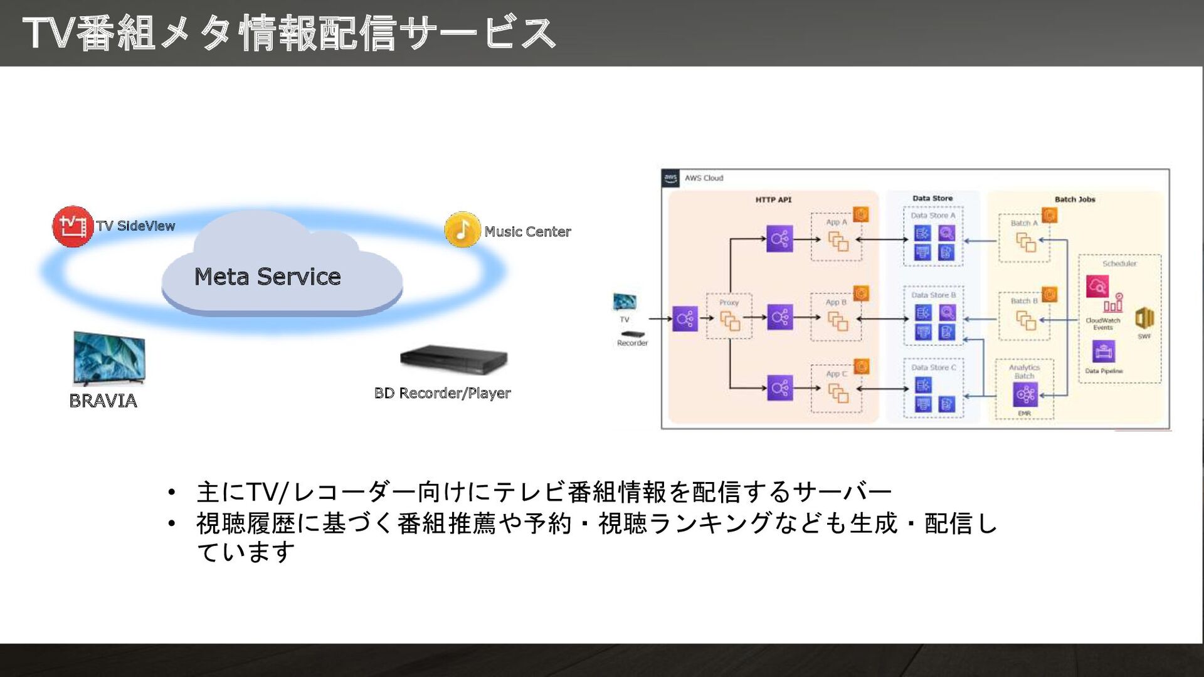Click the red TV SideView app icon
pyautogui.click(x=73, y=226)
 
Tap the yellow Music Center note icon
pyautogui.click(x=462, y=229)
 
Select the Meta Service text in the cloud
pyautogui.click(x=267, y=276)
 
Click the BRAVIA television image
pyautogui.click(x=109, y=358)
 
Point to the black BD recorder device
pyautogui.click(x=453, y=359)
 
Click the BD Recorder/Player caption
pyautogui.click(x=442, y=393)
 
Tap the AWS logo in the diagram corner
pyautogui.click(x=670, y=178)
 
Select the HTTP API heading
pyautogui.click(x=773, y=199)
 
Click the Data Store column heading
pyautogui.click(x=932, y=198)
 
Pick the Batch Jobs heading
pyautogui.click(x=1075, y=199)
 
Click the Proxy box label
pyautogui.click(x=729, y=302)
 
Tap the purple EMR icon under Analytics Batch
pyautogui.click(x=1025, y=394)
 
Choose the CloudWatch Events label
pyautogui.click(x=1102, y=323)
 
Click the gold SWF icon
pyautogui.click(x=1144, y=318)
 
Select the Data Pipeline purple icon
pyautogui.click(x=1104, y=352)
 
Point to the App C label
pyautogui.click(x=837, y=374)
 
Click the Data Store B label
pyautogui.click(x=933, y=295)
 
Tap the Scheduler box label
pyautogui.click(x=1119, y=263)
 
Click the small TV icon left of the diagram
pyautogui.click(x=625, y=302)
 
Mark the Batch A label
pyautogui.click(x=1024, y=223)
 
